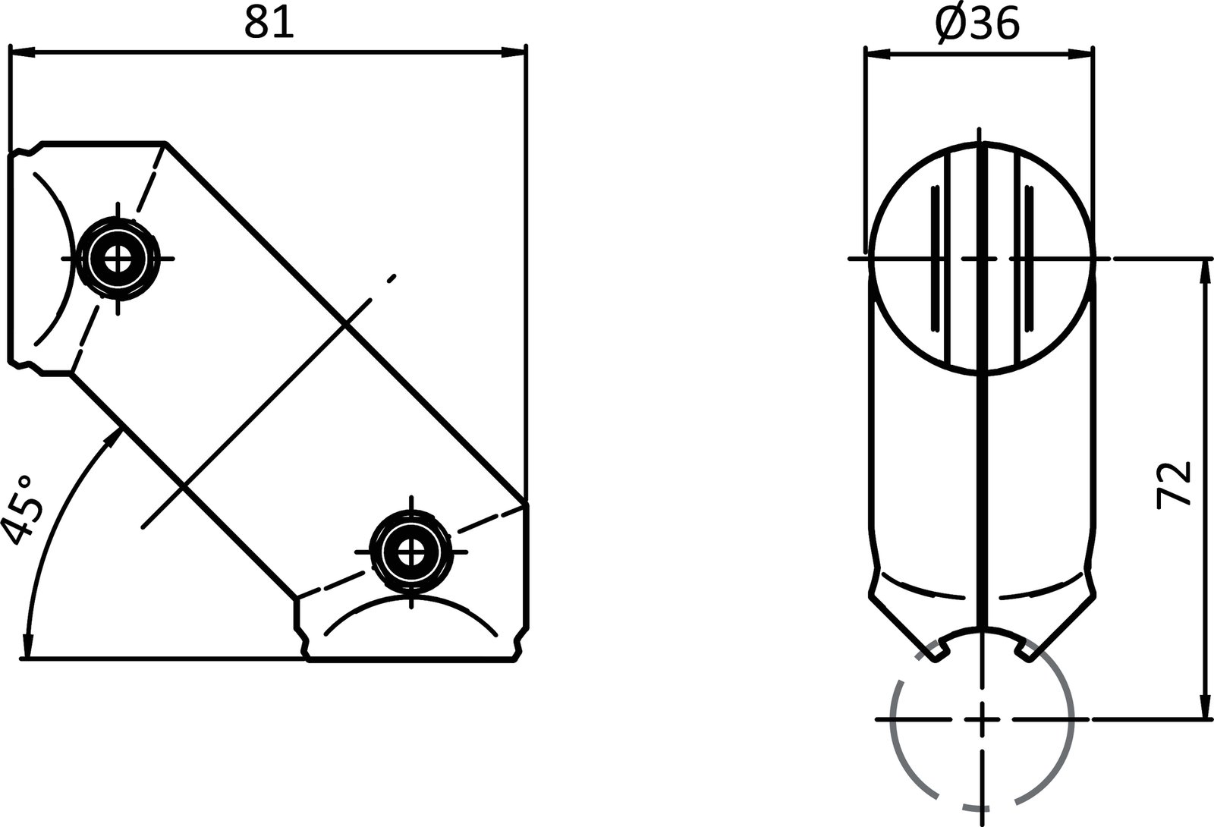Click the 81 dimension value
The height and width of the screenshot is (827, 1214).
pyautogui.click(x=268, y=24)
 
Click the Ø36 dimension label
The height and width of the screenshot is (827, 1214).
pyautogui.click(x=977, y=25)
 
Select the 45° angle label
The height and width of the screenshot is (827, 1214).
pyautogui.click(x=18, y=510)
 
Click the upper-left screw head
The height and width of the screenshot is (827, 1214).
pyautogui.click(x=117, y=259)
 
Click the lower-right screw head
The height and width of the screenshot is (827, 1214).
pyautogui.click(x=410, y=552)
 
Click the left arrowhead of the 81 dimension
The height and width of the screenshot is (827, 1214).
pyautogui.click(x=21, y=52)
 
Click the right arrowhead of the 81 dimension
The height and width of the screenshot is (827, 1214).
pyautogui.click(x=514, y=52)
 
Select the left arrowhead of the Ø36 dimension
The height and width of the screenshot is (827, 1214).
pyautogui.click(x=877, y=54)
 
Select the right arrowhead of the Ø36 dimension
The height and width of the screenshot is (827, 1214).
pyautogui.click(x=1080, y=54)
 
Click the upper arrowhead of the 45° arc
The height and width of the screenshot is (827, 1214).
pyautogui.click(x=115, y=436)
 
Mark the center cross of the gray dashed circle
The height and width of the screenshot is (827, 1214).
pyautogui.click(x=983, y=719)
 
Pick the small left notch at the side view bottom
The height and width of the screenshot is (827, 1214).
pyautogui.click(x=941, y=650)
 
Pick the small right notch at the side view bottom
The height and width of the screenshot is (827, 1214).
pyautogui.click(x=1025, y=650)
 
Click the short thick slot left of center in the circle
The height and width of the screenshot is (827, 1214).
pyautogui.click(x=935, y=258)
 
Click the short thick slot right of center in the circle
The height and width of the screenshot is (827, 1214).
pyautogui.click(x=1029, y=258)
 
